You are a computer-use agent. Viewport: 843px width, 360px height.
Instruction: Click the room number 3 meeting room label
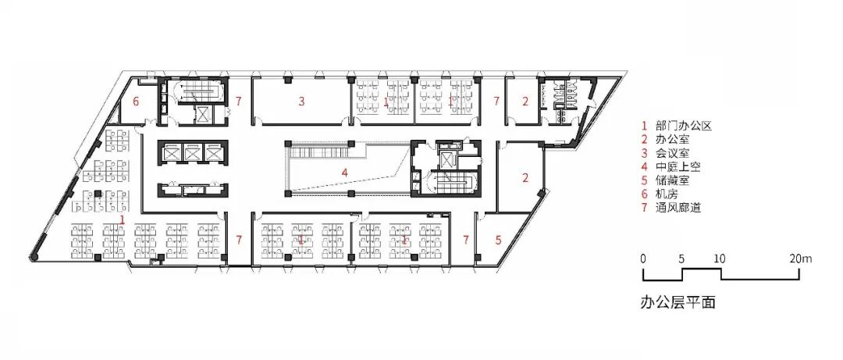(x=302, y=100)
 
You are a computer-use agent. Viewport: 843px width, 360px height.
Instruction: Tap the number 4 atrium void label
(x=345, y=173)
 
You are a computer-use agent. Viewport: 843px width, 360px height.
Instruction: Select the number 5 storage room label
(x=498, y=240)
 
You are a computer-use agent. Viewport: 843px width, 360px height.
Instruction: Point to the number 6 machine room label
(x=136, y=102)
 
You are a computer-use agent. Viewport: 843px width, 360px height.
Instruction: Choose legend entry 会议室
(x=670, y=153)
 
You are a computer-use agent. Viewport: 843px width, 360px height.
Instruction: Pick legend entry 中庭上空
(x=676, y=167)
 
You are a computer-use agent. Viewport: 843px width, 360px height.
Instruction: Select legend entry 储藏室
(x=670, y=180)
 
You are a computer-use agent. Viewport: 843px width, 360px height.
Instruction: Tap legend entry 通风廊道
(x=676, y=207)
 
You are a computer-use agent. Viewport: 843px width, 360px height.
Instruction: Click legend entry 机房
(x=663, y=194)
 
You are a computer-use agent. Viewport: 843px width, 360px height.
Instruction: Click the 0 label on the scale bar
(x=643, y=258)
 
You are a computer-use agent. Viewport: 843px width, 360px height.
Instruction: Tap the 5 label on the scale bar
(x=681, y=258)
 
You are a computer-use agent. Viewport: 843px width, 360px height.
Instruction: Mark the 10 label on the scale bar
(x=720, y=258)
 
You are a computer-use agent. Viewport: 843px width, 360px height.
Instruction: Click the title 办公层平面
(x=678, y=302)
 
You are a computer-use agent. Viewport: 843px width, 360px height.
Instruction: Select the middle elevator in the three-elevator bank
(x=191, y=152)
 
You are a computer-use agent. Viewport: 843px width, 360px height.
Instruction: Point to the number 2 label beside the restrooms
(x=525, y=100)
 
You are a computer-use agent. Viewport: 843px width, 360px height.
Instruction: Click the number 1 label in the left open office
(x=123, y=219)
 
